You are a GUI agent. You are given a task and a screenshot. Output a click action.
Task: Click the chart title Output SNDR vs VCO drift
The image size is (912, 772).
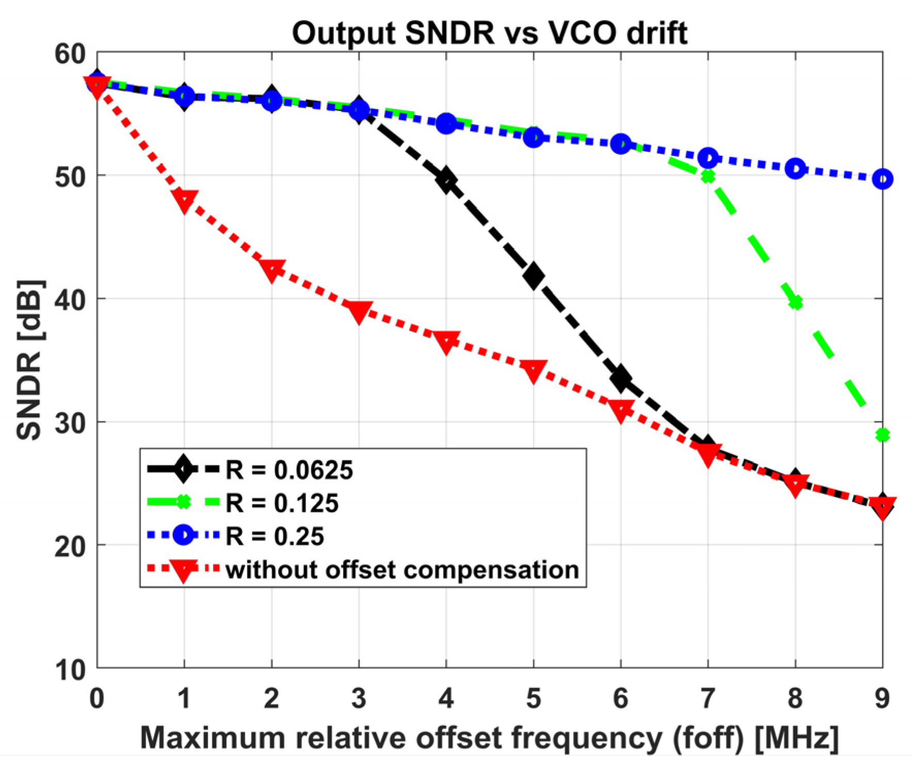[x=489, y=33]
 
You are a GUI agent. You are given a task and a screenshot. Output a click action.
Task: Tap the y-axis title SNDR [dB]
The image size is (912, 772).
[x=30, y=360]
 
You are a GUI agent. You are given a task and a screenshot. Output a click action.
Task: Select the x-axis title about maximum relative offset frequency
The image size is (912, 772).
[x=489, y=737]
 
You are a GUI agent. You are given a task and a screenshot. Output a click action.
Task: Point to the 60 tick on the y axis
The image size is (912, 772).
[x=70, y=54]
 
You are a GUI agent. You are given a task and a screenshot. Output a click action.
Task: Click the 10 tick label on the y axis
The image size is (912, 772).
[x=70, y=670]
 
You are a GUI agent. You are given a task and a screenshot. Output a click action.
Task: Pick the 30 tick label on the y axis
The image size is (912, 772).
[x=70, y=423]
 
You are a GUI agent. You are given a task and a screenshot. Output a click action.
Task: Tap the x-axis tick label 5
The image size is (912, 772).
[x=533, y=698]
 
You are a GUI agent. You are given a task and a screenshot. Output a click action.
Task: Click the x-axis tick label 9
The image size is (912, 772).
[x=882, y=698]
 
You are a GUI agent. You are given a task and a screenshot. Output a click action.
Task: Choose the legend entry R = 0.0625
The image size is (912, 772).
[x=289, y=470]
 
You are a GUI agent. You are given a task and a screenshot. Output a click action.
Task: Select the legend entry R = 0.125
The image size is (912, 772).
[x=282, y=503]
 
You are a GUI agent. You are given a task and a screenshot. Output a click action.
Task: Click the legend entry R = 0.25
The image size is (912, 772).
[x=274, y=536]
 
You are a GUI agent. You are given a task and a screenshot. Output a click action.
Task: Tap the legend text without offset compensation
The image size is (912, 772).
[x=402, y=570]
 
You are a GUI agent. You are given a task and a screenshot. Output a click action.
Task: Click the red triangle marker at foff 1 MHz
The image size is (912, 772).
[x=184, y=200]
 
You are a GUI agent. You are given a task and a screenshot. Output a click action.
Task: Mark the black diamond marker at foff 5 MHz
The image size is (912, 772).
[x=533, y=276]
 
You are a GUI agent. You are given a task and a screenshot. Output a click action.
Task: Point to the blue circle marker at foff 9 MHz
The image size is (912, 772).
[x=883, y=179]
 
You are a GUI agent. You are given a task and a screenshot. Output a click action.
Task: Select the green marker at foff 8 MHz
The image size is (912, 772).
[x=795, y=303]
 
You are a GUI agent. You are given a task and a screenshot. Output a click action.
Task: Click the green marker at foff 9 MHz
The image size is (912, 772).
[x=883, y=435]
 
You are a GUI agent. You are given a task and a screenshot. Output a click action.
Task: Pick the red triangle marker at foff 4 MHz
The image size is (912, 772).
[x=446, y=341]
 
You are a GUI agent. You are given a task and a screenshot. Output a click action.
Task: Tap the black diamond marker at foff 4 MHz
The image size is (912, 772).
[x=446, y=181]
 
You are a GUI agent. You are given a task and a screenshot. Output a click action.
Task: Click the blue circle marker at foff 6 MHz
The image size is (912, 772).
[x=621, y=144]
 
